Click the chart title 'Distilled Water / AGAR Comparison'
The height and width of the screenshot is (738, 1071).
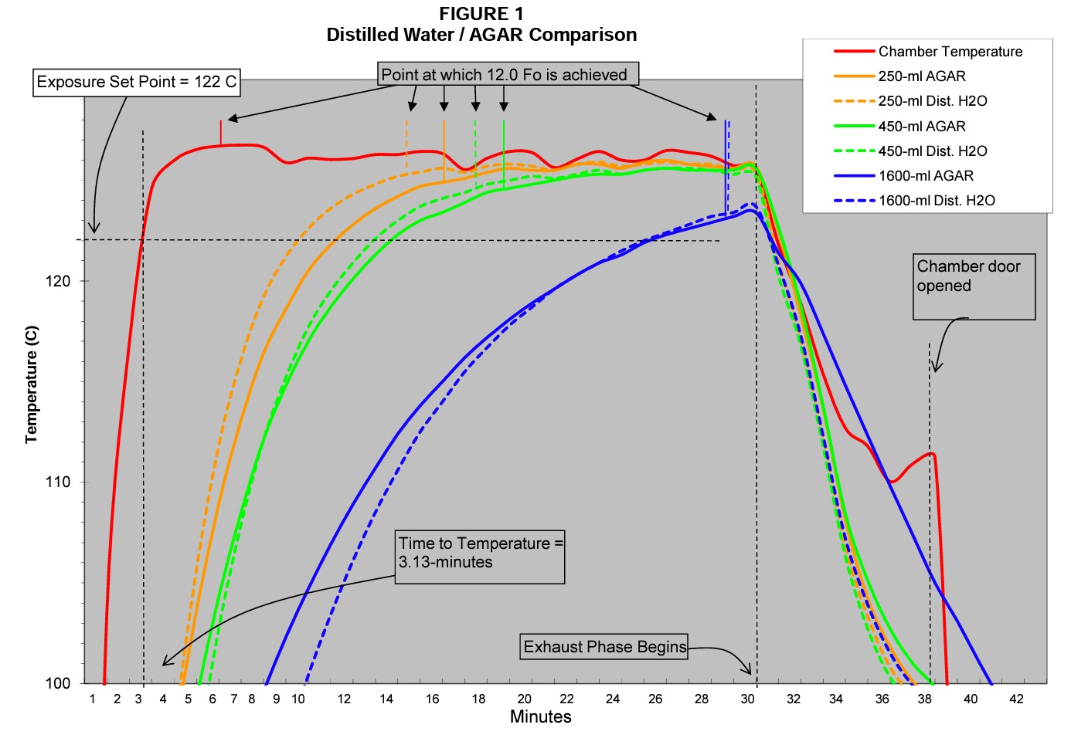tap(481, 35)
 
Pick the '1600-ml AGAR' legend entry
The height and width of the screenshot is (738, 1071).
tap(926, 176)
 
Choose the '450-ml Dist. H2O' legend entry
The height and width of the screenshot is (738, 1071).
tap(932, 151)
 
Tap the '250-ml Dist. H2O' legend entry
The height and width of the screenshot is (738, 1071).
tap(932, 101)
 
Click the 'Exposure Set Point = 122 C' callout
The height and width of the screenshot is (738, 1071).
tap(137, 82)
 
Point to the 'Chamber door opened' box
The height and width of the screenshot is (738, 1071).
tap(974, 286)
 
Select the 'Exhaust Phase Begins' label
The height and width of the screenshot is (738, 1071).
tap(604, 647)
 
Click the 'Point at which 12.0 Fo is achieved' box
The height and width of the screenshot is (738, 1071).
tap(508, 75)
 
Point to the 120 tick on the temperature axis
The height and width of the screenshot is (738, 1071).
tap(58, 281)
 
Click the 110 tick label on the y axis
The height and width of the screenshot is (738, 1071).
tap(58, 482)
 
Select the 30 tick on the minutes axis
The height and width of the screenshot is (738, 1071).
tap(748, 699)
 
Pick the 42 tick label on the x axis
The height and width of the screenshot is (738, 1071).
tap(1016, 699)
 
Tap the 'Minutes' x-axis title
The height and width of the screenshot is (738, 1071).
tap(540, 717)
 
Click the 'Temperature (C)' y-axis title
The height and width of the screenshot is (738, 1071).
tap(31, 384)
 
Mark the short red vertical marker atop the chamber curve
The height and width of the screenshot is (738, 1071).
tap(221, 132)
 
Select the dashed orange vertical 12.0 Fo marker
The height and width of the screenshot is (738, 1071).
tap(406, 144)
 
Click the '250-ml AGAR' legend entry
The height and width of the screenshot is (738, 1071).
tap(922, 76)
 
